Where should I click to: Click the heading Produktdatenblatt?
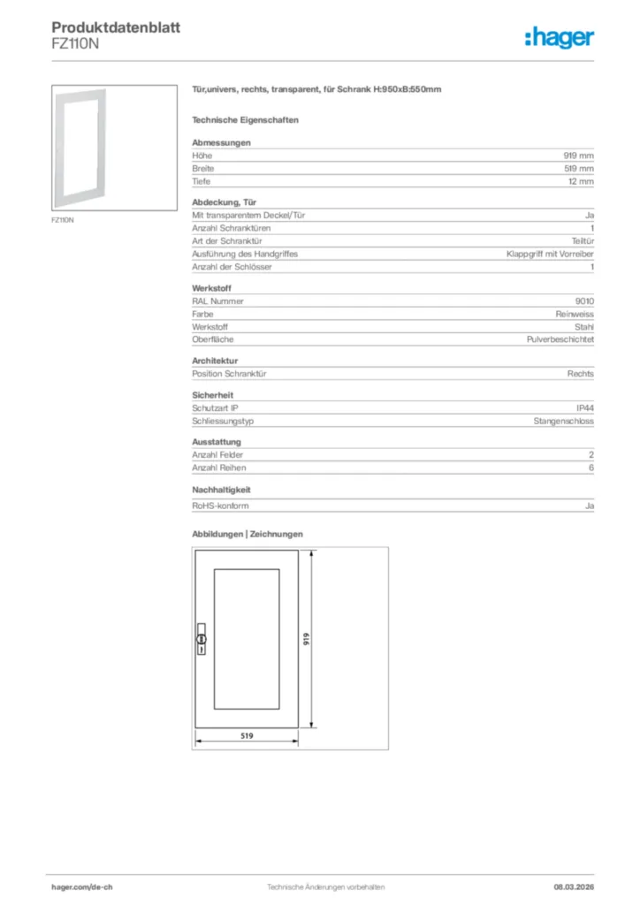[116, 27]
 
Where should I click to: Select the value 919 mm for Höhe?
[579, 156]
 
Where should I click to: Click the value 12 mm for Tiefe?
[581, 181]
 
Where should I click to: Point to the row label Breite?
[203, 168]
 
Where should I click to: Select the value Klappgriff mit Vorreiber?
[550, 254]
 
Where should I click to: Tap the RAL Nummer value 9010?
[584, 300]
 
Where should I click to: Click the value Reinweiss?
[575, 314]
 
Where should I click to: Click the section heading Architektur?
[215, 361]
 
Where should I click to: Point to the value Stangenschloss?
[564, 421]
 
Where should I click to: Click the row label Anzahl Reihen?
[219, 468]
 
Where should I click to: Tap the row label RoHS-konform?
[220, 506]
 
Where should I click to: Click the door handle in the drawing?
[201, 639]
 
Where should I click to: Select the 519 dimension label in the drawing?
[248, 735]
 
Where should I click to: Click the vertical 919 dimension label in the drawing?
[306, 638]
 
